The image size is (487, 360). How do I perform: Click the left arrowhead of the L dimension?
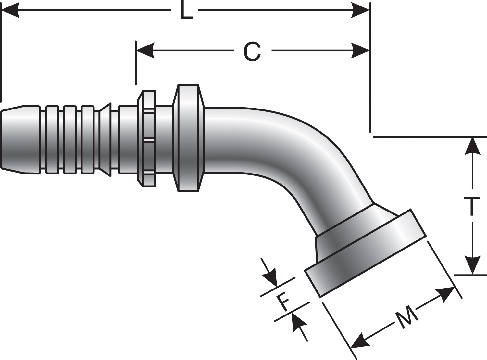click(x=10, y=11)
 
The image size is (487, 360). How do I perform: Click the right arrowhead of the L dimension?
click(x=361, y=11)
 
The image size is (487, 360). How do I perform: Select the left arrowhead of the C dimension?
click(x=145, y=51)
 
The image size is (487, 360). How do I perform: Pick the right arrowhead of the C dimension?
click(x=361, y=51)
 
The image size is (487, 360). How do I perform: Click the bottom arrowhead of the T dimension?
click(x=472, y=266)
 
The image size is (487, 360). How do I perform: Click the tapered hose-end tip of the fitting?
click(x=13, y=139)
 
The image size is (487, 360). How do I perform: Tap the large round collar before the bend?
click(x=188, y=138)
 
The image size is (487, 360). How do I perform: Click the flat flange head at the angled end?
click(x=365, y=253)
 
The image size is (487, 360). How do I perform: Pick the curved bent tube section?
click(x=292, y=153)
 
